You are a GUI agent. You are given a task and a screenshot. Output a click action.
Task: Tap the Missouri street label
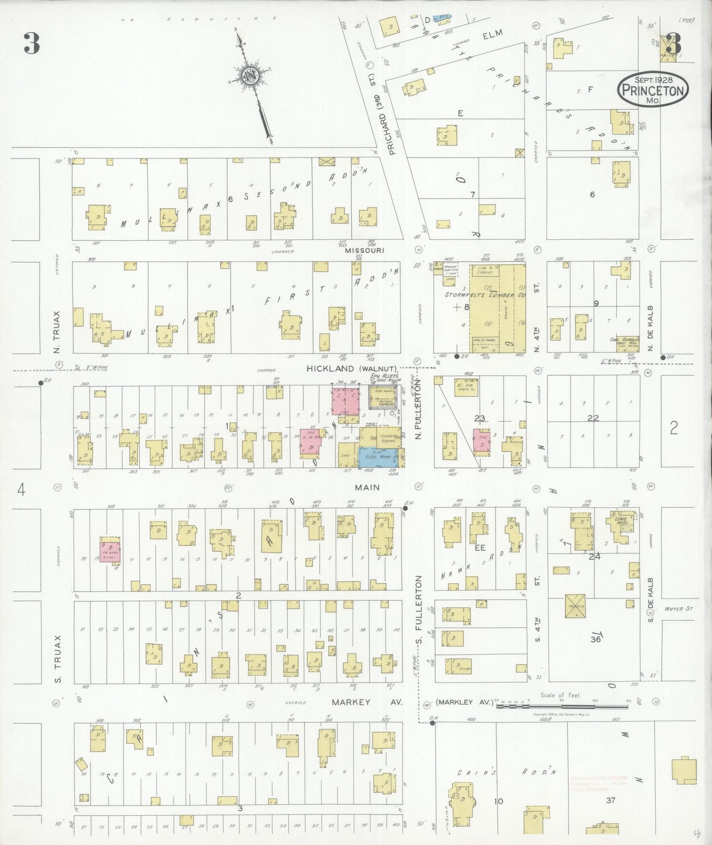pyautogui.click(x=365, y=250)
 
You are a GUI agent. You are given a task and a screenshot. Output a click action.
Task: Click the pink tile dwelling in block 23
pyautogui.click(x=481, y=440)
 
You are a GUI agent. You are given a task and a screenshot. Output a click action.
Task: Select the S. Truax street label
pyautogui.click(x=57, y=650)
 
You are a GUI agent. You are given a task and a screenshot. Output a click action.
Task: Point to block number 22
pyautogui.click(x=593, y=418)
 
